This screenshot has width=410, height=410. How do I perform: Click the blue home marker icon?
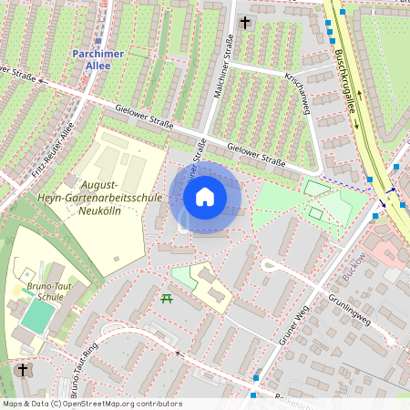click(205, 196)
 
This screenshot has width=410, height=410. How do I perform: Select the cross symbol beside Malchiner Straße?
click(244, 22)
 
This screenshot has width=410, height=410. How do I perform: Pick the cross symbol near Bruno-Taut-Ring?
click(23, 370)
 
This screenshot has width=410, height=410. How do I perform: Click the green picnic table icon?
click(167, 298)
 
